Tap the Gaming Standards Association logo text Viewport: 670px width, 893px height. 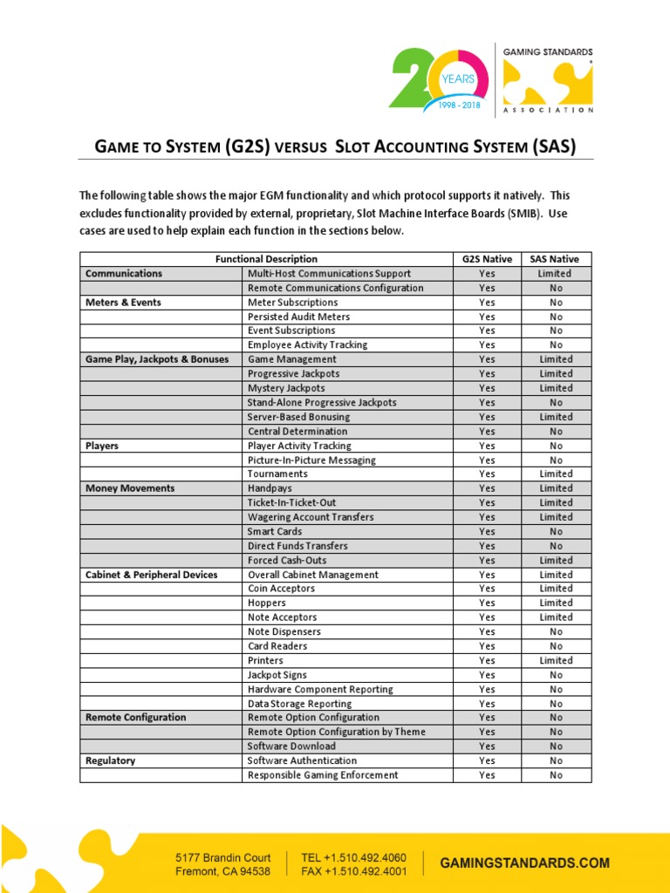tap(550, 52)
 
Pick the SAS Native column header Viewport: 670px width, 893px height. tap(556, 259)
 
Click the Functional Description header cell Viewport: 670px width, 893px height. tap(267, 259)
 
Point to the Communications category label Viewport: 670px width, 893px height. tap(124, 273)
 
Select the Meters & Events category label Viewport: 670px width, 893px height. tap(123, 302)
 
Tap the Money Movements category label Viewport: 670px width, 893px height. tap(130, 488)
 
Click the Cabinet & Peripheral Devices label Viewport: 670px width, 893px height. tap(151, 575)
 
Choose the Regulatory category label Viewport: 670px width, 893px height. tap(111, 760)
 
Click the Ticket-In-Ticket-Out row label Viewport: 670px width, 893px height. tap(291, 502)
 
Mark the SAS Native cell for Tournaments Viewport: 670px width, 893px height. tap(556, 474)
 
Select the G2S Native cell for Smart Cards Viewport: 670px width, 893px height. tap(487, 531)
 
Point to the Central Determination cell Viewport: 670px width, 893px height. tap(297, 431)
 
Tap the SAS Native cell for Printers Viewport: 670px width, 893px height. tap(556, 660)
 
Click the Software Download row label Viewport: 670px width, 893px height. tap(291, 746)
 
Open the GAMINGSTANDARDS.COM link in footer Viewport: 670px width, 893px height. tap(524, 862)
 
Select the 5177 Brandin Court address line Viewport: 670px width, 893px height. tap(223, 857)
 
